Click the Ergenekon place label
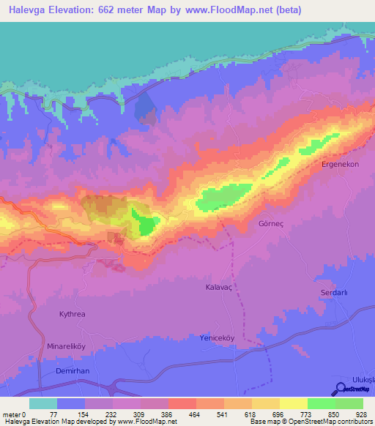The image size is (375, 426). click(x=341, y=165)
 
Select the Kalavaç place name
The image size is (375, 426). click(x=219, y=288)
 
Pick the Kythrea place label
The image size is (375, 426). click(x=72, y=314)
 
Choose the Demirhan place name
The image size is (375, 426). click(x=72, y=371)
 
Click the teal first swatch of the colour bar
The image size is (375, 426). click(x=42, y=403)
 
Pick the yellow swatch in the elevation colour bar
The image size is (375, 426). click(x=293, y=403)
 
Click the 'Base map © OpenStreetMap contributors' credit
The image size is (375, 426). click(x=311, y=422)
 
